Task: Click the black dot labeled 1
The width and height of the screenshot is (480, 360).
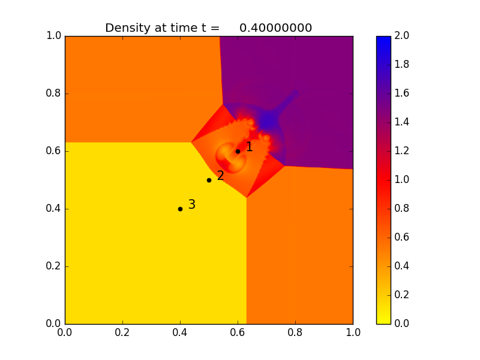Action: point(238,151)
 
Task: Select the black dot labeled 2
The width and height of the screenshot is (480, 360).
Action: point(209,180)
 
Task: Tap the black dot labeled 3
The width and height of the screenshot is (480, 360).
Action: point(180,209)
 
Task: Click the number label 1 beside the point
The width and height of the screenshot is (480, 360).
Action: point(250,146)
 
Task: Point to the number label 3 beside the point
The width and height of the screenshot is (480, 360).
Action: point(192,205)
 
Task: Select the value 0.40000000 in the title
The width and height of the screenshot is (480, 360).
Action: point(275,28)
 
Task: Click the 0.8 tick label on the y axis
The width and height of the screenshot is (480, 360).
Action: point(53,94)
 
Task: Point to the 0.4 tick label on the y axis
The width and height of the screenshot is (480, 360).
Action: point(53,209)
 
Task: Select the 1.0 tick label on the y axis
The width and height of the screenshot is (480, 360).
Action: point(53,36)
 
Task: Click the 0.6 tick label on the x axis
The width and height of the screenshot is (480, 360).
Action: point(238,333)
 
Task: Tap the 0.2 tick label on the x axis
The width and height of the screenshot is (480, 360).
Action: point(122,333)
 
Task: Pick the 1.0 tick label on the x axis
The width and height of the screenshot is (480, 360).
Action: point(353,333)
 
